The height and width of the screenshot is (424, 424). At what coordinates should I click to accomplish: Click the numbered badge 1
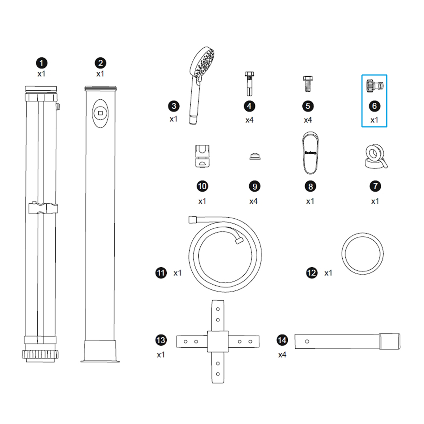tap(42, 63)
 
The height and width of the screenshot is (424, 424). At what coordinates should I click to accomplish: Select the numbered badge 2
tap(100, 63)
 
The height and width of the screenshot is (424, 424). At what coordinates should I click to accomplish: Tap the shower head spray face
tap(204, 63)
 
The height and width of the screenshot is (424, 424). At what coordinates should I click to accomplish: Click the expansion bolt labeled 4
tap(249, 84)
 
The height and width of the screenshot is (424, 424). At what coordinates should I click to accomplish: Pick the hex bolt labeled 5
tap(308, 84)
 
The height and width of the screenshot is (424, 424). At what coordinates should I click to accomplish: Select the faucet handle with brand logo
tap(310, 153)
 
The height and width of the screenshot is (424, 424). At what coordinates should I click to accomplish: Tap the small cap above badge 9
tap(255, 156)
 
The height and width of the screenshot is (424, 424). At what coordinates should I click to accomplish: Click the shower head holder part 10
tap(202, 156)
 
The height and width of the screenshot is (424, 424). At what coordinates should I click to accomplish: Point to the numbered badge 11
tap(161, 273)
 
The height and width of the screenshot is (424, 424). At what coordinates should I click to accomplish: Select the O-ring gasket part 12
tap(362, 254)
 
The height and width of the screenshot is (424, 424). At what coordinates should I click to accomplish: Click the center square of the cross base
tap(218, 341)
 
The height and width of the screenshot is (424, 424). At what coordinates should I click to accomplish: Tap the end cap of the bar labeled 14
tap(389, 341)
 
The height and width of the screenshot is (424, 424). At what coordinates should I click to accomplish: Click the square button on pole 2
tap(100, 113)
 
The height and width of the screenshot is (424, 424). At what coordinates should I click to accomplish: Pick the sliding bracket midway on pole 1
tap(43, 208)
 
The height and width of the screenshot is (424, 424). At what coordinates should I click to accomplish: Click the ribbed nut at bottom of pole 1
tap(40, 354)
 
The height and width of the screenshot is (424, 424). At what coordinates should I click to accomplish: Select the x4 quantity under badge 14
tap(282, 355)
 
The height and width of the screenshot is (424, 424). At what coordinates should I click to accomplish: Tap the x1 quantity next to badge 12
tap(328, 273)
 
